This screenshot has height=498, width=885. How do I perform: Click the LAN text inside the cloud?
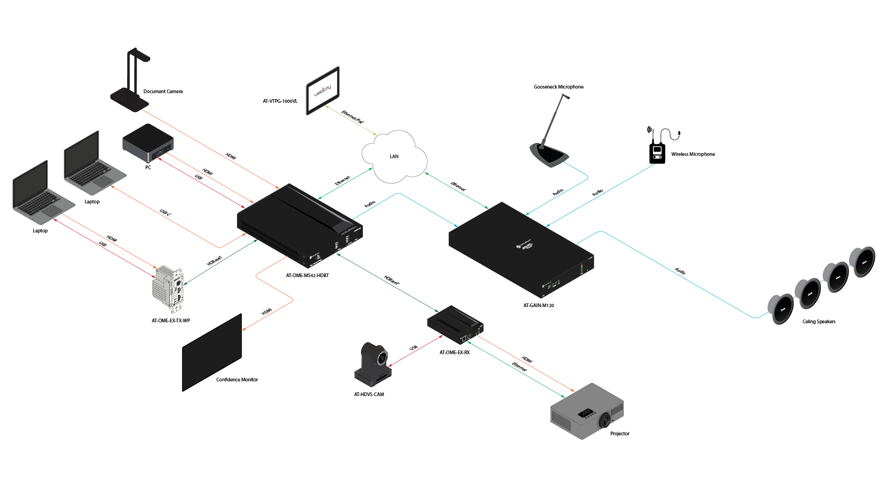tap(394, 156)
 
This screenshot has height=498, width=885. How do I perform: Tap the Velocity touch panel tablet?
tap(323, 90)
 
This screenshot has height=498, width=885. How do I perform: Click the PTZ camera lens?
tap(382, 357)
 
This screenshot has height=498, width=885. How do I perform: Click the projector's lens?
tap(604, 420)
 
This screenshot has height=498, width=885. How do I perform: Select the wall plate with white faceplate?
tap(169, 289)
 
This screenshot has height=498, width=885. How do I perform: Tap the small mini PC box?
tap(147, 142)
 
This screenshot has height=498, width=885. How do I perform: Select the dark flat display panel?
tap(212, 353)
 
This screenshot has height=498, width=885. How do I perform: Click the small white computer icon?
tap(657, 153)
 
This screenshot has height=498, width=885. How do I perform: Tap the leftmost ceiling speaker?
tap(780, 309)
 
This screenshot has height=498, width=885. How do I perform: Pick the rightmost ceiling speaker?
tap(862, 262)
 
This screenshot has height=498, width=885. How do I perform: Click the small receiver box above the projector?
tap(455, 325)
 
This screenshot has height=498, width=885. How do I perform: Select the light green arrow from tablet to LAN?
tap(351, 120)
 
